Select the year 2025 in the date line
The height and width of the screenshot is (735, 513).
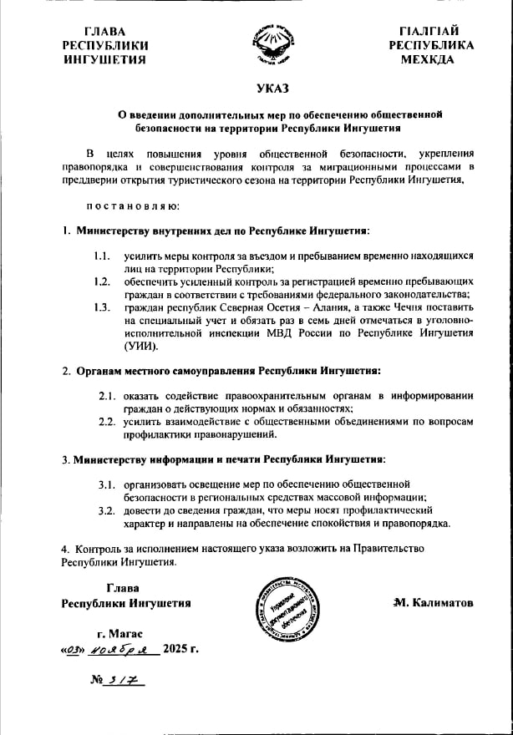point(176,648)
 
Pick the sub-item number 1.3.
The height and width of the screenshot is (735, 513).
point(102,307)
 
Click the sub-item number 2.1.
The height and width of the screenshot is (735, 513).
point(107,396)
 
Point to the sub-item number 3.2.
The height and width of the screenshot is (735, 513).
point(107,509)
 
